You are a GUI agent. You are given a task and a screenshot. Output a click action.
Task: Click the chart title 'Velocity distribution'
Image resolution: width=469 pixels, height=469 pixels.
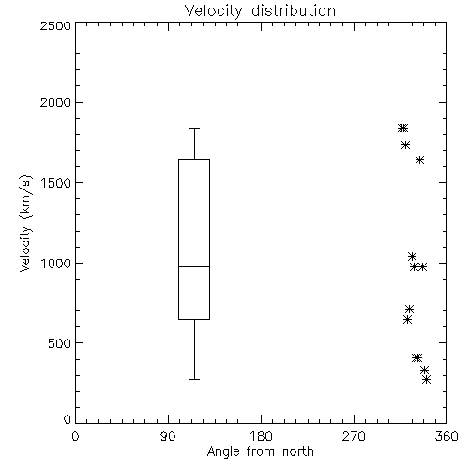click(x=260, y=10)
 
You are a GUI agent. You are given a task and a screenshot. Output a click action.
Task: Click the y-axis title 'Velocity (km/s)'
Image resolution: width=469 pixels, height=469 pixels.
click(x=25, y=223)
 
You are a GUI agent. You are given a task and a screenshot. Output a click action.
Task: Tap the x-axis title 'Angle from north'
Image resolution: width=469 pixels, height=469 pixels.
click(x=260, y=452)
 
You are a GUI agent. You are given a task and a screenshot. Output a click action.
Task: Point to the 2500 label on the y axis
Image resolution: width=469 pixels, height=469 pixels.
click(x=55, y=25)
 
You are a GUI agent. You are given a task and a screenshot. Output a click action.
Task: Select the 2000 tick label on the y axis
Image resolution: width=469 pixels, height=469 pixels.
click(x=55, y=102)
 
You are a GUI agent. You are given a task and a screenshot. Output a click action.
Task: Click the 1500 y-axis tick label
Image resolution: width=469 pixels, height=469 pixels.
click(x=56, y=182)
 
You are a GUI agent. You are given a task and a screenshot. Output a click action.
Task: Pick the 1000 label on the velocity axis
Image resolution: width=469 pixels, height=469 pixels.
click(x=56, y=263)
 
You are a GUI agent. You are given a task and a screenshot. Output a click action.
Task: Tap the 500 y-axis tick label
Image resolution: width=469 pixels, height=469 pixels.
click(x=60, y=343)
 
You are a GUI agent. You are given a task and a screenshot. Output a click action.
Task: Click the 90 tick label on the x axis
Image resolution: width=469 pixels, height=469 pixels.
click(x=168, y=436)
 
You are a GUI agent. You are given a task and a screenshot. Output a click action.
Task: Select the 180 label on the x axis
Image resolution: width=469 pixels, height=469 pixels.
click(x=261, y=436)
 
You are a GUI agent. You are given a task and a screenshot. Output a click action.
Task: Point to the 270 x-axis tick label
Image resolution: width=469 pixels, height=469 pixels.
click(x=354, y=436)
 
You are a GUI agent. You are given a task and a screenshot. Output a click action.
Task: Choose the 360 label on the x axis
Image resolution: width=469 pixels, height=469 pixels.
click(x=446, y=436)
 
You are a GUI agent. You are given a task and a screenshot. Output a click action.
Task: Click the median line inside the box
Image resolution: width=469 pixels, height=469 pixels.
click(x=194, y=266)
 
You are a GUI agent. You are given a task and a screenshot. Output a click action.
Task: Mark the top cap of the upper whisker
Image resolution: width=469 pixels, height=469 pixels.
click(x=194, y=128)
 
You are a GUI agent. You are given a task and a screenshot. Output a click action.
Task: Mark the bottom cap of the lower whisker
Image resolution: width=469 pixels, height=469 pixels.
click(x=194, y=379)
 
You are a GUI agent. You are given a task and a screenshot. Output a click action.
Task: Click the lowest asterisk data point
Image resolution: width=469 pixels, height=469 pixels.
click(x=427, y=380)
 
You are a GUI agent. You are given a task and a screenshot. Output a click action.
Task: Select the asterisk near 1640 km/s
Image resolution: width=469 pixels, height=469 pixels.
click(x=420, y=160)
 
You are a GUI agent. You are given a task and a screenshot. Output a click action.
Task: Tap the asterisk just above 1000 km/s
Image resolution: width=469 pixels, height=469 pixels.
click(x=412, y=257)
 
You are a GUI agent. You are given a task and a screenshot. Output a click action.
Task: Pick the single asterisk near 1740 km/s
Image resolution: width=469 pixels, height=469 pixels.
click(x=406, y=145)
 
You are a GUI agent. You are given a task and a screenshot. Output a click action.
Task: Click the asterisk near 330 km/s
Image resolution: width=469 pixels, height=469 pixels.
click(x=424, y=371)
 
